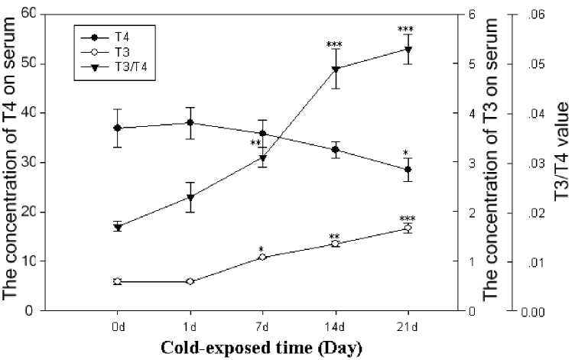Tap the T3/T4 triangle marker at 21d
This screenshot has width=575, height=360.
[408, 50]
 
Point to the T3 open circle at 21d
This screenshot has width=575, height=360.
[408, 229]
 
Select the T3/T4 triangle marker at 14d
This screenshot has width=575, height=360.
[335, 70]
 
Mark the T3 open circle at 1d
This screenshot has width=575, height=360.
[190, 281]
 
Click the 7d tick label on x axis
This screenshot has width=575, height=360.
[263, 326]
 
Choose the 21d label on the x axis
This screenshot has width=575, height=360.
[408, 326]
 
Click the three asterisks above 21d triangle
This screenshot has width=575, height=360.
[406, 30]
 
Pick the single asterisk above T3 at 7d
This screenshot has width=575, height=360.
[262, 249]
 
